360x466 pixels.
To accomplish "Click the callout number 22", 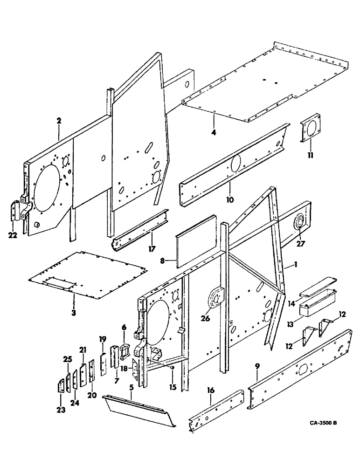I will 13,235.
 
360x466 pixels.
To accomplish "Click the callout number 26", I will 206,319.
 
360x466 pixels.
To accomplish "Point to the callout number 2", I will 59,121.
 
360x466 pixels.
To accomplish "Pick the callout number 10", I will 230,199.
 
